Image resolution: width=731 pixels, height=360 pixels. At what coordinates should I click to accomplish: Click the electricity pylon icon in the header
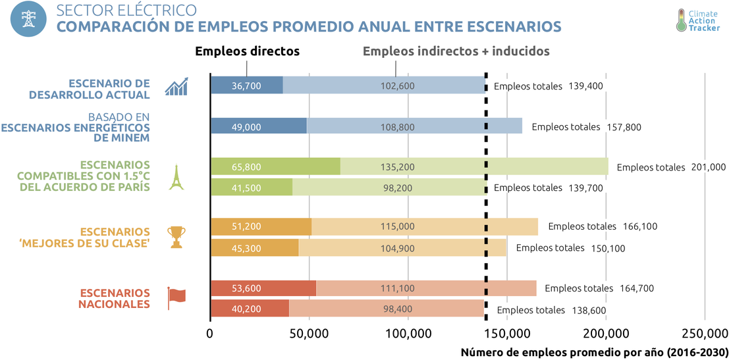28,19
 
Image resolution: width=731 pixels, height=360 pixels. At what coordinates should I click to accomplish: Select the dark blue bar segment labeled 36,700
246,86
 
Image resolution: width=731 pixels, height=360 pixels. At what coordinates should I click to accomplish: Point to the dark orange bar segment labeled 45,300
254,248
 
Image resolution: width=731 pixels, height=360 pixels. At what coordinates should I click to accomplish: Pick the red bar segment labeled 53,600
263,288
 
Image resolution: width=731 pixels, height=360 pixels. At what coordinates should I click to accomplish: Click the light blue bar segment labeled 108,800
414,126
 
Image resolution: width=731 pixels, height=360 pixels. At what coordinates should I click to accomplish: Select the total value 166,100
639,226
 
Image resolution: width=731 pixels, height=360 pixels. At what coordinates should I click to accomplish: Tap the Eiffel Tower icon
175,177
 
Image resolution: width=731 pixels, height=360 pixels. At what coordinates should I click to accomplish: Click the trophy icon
176,237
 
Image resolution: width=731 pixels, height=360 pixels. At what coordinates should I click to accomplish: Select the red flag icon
176,297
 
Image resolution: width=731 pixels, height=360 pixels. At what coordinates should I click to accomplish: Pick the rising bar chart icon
176,87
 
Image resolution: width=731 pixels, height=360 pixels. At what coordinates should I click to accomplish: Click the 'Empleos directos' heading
247,51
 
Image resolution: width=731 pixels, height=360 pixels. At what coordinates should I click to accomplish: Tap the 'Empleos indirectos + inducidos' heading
456,51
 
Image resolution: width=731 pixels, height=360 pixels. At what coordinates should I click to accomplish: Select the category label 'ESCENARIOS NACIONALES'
115,298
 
